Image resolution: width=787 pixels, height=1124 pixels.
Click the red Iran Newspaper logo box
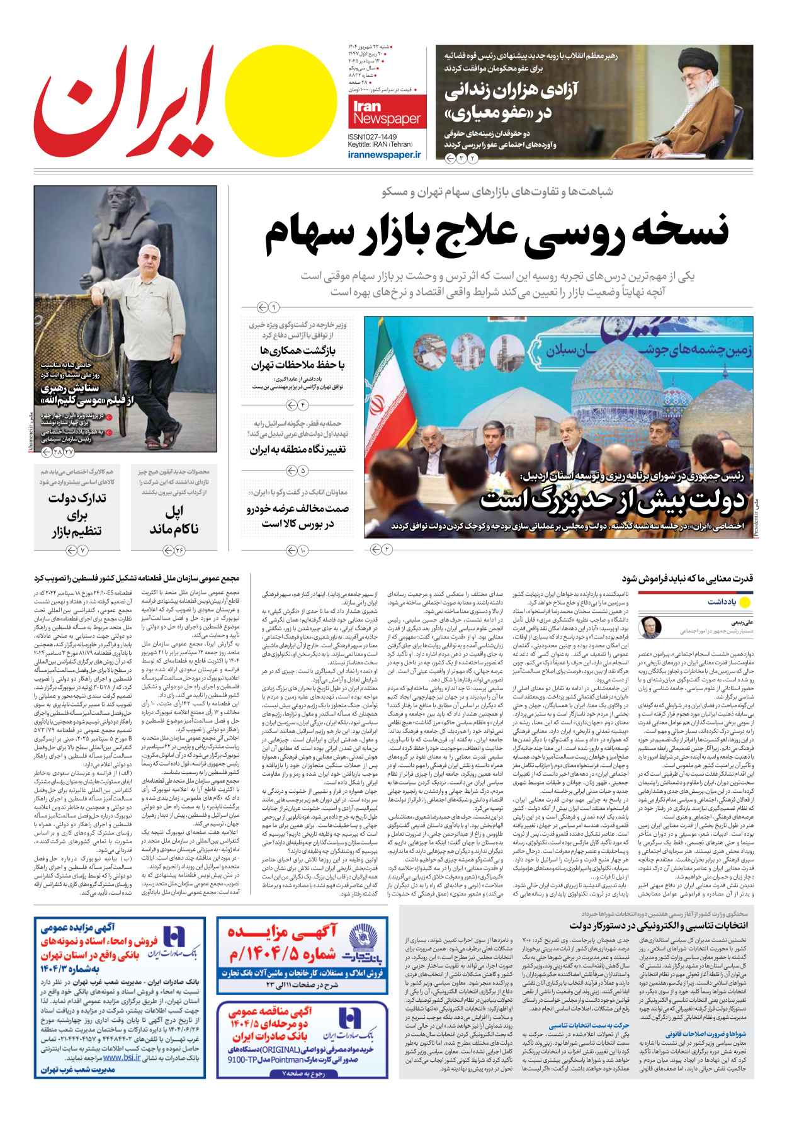pos(387,112)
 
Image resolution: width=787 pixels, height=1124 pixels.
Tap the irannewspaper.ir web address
pos(384,154)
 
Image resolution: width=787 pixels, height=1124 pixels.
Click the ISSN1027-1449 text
pos(372,137)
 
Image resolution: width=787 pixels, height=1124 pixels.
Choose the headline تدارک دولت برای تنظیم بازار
pos(77,514)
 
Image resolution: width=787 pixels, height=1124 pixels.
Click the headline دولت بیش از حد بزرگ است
pos(612,500)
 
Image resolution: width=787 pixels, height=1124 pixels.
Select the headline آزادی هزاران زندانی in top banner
pos(511,102)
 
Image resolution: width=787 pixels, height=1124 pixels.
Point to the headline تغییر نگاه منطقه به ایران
pos(297,450)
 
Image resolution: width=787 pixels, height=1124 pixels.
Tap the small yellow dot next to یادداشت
pos(745,603)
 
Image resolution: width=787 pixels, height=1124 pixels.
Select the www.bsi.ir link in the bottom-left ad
pos(122,1057)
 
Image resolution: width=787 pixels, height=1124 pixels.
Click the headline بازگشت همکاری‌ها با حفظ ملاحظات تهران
pos(297,358)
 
